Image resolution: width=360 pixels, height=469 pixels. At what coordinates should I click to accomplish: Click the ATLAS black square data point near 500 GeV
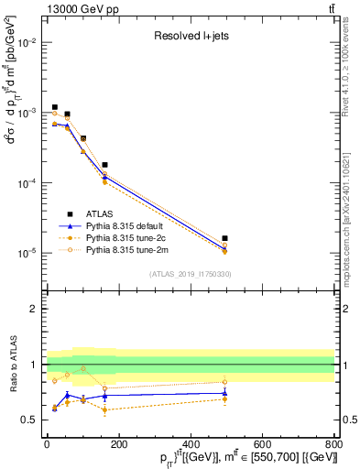coord(225,238)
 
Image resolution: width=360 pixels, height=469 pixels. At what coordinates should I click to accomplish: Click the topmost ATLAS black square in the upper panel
coord(55,107)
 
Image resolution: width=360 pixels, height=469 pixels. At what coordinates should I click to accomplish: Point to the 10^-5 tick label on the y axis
coord(28,254)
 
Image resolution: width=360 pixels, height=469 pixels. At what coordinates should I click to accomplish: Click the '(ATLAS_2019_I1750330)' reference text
coord(190,274)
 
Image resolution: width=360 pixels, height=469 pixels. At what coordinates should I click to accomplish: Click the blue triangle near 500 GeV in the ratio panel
coord(225,393)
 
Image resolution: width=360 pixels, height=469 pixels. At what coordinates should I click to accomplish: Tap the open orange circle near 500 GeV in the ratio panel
coord(225,382)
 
